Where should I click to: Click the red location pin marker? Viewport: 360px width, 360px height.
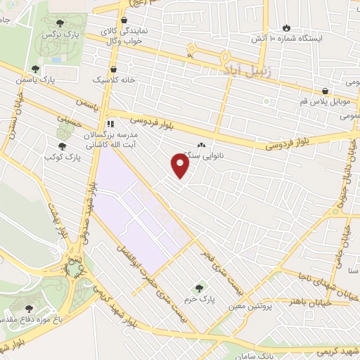pyautogui.click(x=181, y=165)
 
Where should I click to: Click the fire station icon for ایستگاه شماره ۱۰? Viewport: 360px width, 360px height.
pyautogui.click(x=285, y=27)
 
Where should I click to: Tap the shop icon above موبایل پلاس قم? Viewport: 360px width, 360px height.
pyautogui.click(x=324, y=91)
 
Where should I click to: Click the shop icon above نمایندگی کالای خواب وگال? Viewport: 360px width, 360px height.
pyautogui.click(x=124, y=20)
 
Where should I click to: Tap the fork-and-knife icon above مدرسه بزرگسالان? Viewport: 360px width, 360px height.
pyautogui.click(x=109, y=123)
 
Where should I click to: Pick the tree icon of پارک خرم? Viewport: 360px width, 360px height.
pyautogui.click(x=199, y=288)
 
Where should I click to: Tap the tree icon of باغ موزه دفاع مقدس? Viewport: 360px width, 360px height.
pyautogui.click(x=29, y=308)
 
